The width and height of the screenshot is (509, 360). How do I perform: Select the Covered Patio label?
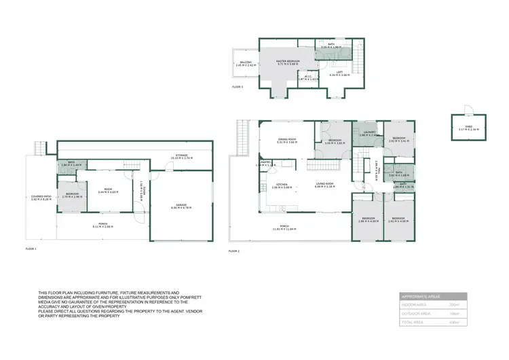(x=41, y=198)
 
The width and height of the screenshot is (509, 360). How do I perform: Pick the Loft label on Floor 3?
(x=339, y=73)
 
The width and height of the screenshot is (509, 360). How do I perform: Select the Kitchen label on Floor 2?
(x=281, y=185)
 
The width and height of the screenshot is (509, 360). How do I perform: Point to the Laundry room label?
(x=369, y=134)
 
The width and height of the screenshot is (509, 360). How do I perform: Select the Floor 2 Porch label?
(x=284, y=228)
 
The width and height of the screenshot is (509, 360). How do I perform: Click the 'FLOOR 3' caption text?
(x=237, y=88)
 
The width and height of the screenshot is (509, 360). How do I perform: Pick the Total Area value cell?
(x=455, y=323)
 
